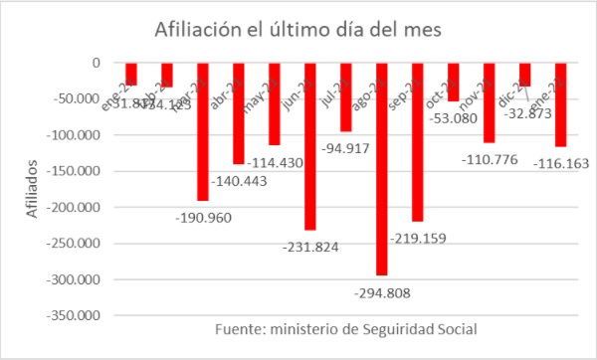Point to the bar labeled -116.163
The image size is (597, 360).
560,104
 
